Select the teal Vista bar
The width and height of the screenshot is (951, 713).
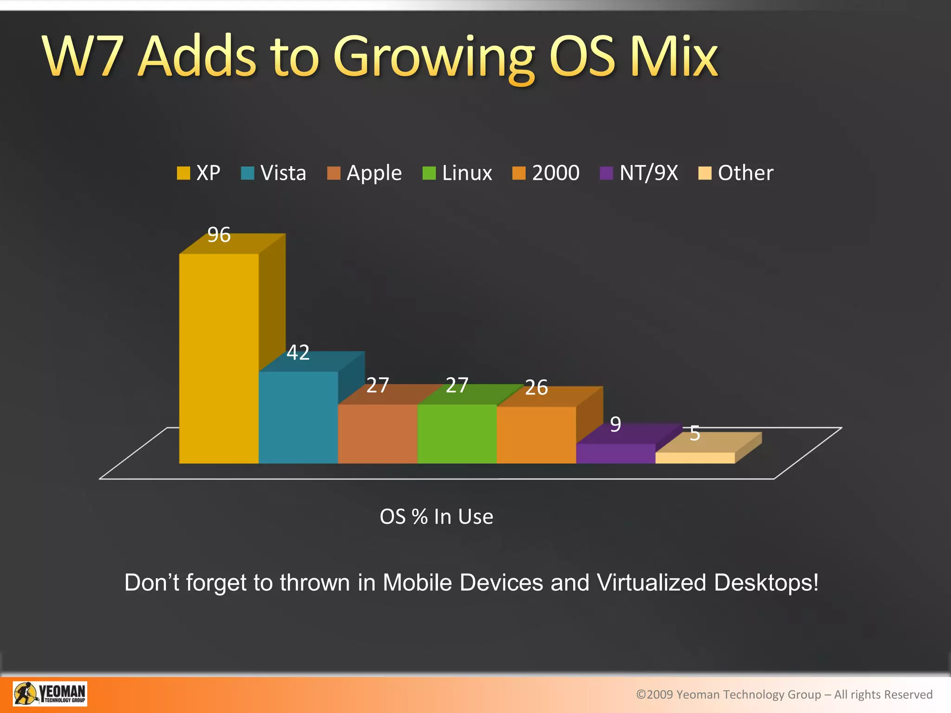pyautogui.click(x=298, y=417)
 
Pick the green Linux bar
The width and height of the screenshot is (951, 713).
pyautogui.click(x=457, y=433)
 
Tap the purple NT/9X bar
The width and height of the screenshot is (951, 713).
pyautogui.click(x=615, y=453)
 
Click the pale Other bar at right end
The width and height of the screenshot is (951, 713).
pyautogui.click(x=695, y=458)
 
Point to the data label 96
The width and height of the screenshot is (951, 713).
pyautogui.click(x=219, y=235)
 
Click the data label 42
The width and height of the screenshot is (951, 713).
pyautogui.click(x=298, y=353)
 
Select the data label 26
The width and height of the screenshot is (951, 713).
pyautogui.click(x=536, y=388)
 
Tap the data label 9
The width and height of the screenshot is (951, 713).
pyautogui.click(x=615, y=424)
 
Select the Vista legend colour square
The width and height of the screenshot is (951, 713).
pyautogui.click(x=248, y=173)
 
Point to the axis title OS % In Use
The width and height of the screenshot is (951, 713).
pyautogui.click(x=436, y=517)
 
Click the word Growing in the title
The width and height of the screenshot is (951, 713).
pyautogui.click(x=435, y=58)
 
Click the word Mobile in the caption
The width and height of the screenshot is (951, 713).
pyautogui.click(x=417, y=583)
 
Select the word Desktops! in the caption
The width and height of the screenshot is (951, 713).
pyautogui.click(x=766, y=583)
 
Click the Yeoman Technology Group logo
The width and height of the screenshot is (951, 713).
pyautogui.click(x=50, y=694)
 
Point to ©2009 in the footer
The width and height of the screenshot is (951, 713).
pyautogui.click(x=654, y=694)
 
